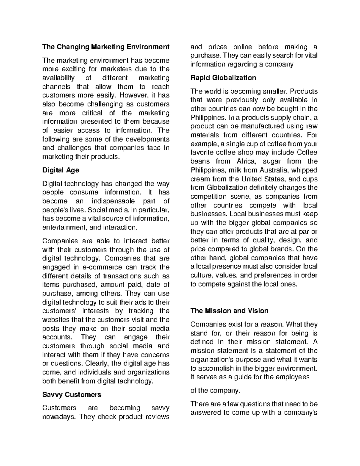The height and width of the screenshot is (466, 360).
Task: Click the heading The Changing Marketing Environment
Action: pyautogui.click(x=106, y=47)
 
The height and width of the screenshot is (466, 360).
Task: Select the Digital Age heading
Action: pyautogui.click(x=61, y=170)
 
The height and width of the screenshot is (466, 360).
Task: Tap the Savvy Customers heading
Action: pyautogui.click(x=72, y=394)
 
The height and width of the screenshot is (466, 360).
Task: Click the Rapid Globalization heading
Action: pyautogui.click(x=223, y=78)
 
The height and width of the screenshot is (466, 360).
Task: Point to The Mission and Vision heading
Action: pyautogui.click(x=229, y=311)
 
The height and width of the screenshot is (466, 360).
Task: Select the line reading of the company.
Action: pyautogui.click(x=215, y=391)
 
